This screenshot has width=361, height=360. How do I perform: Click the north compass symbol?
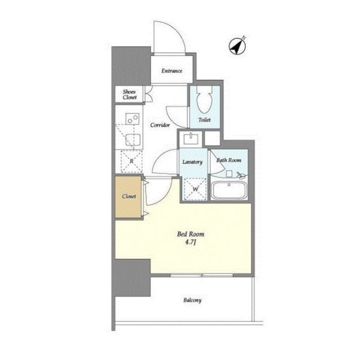[x=237, y=46]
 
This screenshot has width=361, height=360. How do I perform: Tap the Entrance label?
[x=171, y=71]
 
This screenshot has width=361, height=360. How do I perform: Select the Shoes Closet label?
[x=130, y=95]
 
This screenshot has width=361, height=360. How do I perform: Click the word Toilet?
[x=204, y=120]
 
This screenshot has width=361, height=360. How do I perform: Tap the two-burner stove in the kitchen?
[x=133, y=119]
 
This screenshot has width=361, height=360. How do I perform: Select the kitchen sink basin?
[x=133, y=140]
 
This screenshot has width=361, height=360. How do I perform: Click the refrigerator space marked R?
[x=131, y=161]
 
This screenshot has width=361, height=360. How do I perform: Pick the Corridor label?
[x=160, y=125]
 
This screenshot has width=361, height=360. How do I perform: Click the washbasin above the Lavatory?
[x=191, y=139]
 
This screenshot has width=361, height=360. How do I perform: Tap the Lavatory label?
[x=192, y=162]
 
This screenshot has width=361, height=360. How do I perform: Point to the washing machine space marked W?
[x=195, y=189]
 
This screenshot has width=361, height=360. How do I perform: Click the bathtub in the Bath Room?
[x=229, y=190]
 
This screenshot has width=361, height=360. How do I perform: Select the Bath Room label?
[x=228, y=160]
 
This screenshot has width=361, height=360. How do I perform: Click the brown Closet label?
[x=129, y=197]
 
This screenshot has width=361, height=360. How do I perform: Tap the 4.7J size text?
[x=191, y=242]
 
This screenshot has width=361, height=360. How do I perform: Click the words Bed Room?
[x=191, y=234]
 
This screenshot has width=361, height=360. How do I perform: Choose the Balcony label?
[x=192, y=300]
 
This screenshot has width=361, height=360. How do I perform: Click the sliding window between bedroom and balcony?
[x=202, y=275]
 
